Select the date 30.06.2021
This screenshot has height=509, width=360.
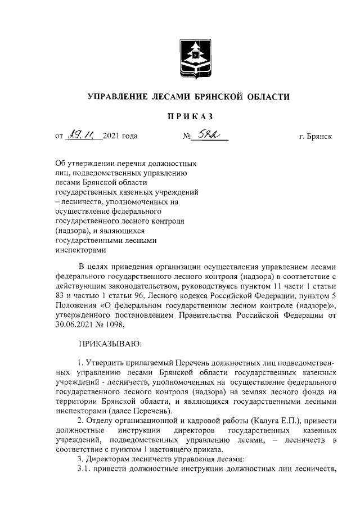click(75, 324)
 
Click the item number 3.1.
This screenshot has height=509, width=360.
click(84, 469)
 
